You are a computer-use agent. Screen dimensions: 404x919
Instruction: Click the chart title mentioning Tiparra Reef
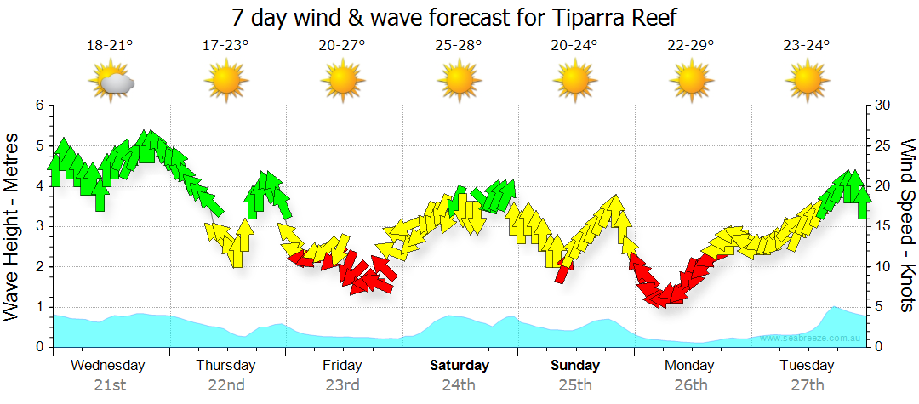[457, 17]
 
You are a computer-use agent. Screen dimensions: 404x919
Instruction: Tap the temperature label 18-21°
[111, 45]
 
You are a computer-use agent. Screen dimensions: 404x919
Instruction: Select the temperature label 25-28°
[459, 45]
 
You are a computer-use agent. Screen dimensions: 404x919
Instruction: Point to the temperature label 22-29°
[691, 45]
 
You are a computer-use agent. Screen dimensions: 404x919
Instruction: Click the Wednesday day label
[108, 366]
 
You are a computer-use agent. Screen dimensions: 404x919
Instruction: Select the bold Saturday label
[459, 366]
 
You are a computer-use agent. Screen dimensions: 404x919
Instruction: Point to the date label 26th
[691, 384]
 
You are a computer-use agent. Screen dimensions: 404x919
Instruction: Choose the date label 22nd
[226, 384]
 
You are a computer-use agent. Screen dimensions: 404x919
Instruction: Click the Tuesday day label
[807, 366]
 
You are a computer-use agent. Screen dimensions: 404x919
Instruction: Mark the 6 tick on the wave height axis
[38, 105]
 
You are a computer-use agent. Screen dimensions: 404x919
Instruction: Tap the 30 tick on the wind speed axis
[882, 105]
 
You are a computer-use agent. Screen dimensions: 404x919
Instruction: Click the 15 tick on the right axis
[882, 226]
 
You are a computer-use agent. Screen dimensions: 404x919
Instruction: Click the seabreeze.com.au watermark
[812, 338]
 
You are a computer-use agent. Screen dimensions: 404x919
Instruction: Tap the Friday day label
[342, 366]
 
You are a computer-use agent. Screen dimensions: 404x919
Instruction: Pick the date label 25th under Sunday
[575, 384]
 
